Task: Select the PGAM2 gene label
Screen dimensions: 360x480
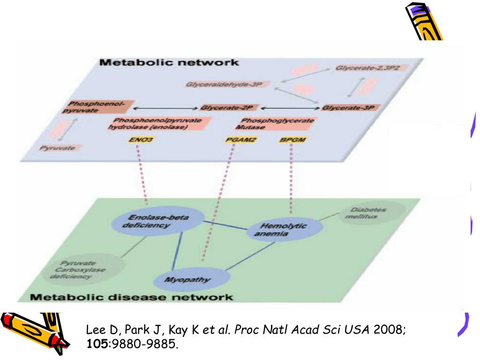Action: click(235, 140)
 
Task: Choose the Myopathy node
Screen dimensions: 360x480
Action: click(193, 280)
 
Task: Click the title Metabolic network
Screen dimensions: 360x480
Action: click(169, 62)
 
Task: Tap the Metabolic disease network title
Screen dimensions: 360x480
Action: click(131, 297)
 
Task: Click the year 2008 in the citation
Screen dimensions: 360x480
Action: click(388, 330)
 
